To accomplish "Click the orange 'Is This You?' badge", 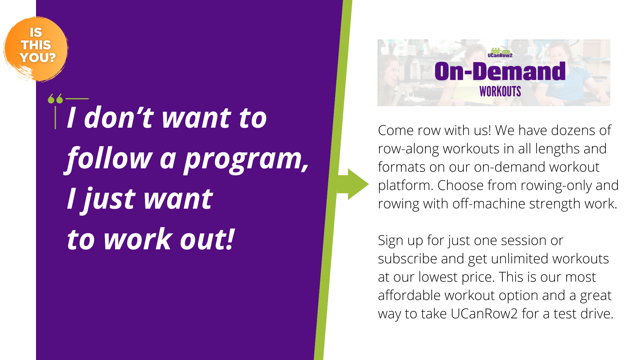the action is [36, 49].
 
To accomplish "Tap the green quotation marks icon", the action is [55, 99].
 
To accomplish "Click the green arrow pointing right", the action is [353, 184].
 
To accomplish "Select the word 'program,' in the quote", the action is [246, 159].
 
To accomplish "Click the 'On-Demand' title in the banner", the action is [500, 71].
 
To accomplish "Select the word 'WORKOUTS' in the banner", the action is [500, 92].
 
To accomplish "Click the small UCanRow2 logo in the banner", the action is [500, 53].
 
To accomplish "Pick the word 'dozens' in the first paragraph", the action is [573, 130].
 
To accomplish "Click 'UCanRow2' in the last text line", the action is [484, 314].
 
